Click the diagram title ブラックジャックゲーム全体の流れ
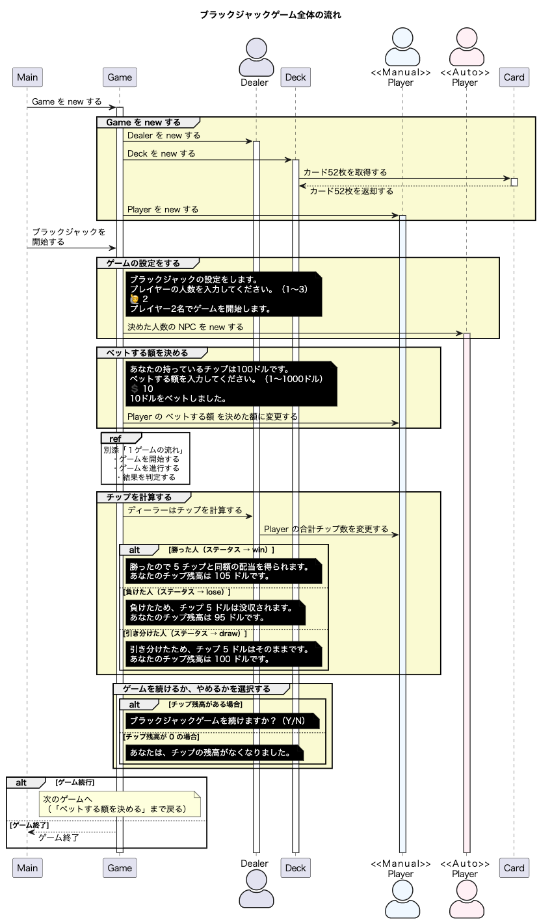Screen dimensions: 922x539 point(270,15)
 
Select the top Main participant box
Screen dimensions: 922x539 point(27,77)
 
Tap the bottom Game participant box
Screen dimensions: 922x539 point(120,867)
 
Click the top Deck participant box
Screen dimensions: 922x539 point(295,77)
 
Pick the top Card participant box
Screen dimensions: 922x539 point(514,77)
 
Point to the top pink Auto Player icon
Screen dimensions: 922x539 point(465,46)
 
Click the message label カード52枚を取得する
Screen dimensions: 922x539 point(345,172)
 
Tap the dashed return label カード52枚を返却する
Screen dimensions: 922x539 point(351,191)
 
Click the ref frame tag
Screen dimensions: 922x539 point(115,439)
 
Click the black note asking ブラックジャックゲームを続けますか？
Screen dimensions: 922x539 point(222,721)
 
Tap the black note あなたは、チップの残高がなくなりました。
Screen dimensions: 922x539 point(214,752)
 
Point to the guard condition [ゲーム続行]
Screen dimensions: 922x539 point(75,782)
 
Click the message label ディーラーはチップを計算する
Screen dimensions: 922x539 point(185,510)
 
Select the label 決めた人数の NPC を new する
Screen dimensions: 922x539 point(185,327)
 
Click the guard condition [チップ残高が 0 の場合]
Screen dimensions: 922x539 point(161,737)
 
